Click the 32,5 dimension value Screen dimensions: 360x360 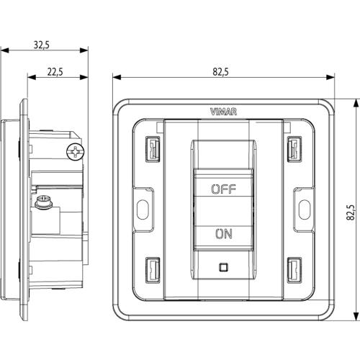[x=42, y=45]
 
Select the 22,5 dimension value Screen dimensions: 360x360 [x=55, y=72]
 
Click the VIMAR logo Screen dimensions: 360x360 [x=223, y=112]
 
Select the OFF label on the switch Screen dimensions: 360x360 [x=223, y=189]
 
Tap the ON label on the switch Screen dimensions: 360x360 [x=224, y=234]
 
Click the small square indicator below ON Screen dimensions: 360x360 [x=223, y=267]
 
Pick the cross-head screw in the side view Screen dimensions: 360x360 [x=76, y=152]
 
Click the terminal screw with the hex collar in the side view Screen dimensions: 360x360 [x=42, y=202]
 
